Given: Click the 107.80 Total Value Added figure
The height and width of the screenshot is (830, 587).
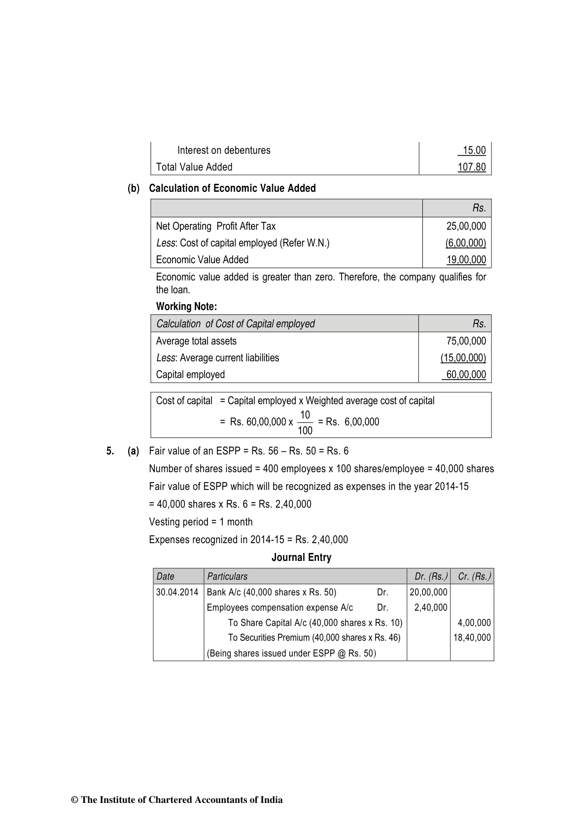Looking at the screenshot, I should [x=471, y=167].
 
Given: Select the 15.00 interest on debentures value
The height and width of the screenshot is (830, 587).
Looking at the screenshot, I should [x=474, y=150].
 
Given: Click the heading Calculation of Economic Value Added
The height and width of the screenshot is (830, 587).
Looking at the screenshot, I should [x=232, y=188].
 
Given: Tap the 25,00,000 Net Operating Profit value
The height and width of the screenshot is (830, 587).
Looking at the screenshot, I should [x=466, y=226].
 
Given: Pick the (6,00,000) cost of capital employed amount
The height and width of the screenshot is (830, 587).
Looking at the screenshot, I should [x=465, y=243].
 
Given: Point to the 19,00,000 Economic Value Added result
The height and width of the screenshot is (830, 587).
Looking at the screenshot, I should [x=466, y=260].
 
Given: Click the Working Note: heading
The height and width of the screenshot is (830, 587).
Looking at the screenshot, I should [x=186, y=307].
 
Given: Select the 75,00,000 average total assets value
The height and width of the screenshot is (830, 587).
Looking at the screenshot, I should [x=466, y=341].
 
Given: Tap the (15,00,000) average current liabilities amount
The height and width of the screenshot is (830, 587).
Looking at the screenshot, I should [x=463, y=358].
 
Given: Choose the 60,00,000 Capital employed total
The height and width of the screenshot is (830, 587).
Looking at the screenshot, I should [x=466, y=375].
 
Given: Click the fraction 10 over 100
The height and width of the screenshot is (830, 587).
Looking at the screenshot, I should [x=305, y=422].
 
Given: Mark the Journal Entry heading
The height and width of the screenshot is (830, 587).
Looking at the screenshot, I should [x=301, y=557].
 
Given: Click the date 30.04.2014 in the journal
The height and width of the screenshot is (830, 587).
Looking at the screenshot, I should [x=177, y=592].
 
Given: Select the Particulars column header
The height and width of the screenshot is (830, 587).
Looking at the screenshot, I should [x=227, y=576].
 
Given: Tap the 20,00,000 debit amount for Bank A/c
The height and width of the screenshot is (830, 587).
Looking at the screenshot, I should [x=428, y=592].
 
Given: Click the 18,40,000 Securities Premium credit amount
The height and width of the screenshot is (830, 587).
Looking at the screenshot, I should [x=472, y=638].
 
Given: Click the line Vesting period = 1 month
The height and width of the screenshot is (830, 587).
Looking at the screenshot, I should [x=201, y=522].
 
